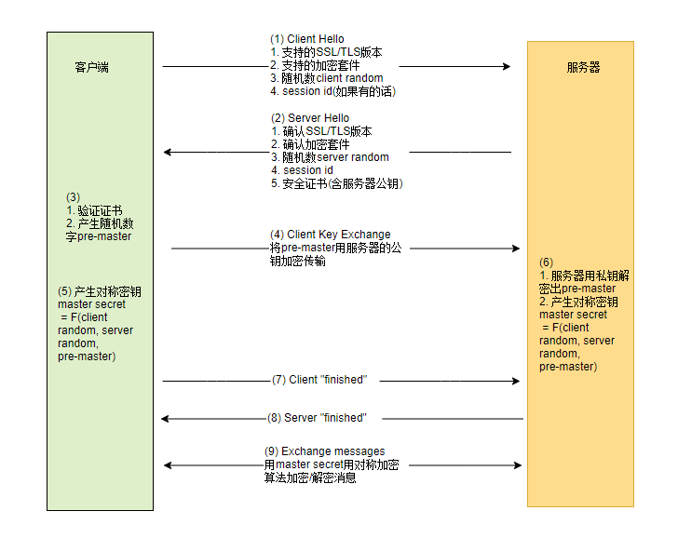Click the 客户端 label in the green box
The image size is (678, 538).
(91, 67)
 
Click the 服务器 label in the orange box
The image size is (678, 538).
(583, 67)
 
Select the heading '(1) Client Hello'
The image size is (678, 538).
(306, 39)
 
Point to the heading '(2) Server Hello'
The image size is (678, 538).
(310, 118)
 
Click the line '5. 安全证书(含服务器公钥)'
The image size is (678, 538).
(336, 183)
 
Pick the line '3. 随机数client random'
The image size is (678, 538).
(326, 78)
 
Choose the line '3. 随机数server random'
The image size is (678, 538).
(330, 157)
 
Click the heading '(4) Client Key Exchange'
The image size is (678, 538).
(331, 235)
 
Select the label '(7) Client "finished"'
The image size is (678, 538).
(319, 380)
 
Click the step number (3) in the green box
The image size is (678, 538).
(73, 197)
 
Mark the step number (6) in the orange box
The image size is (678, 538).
(547, 262)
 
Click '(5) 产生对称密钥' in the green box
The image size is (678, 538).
(100, 291)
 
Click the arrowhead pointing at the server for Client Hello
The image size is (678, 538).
(507, 66)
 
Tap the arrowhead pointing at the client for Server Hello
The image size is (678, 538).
(168, 152)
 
